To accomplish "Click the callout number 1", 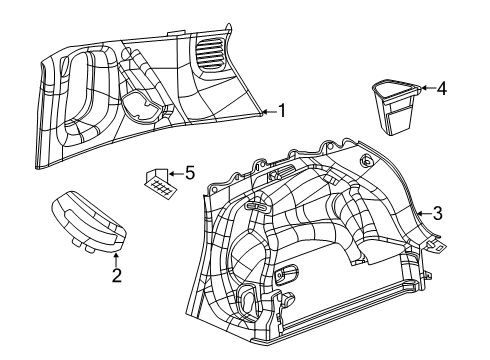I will (x=283, y=111).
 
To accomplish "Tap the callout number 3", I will (x=438, y=211).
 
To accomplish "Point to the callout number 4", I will (x=442, y=89).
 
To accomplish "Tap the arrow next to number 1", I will (x=268, y=111).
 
